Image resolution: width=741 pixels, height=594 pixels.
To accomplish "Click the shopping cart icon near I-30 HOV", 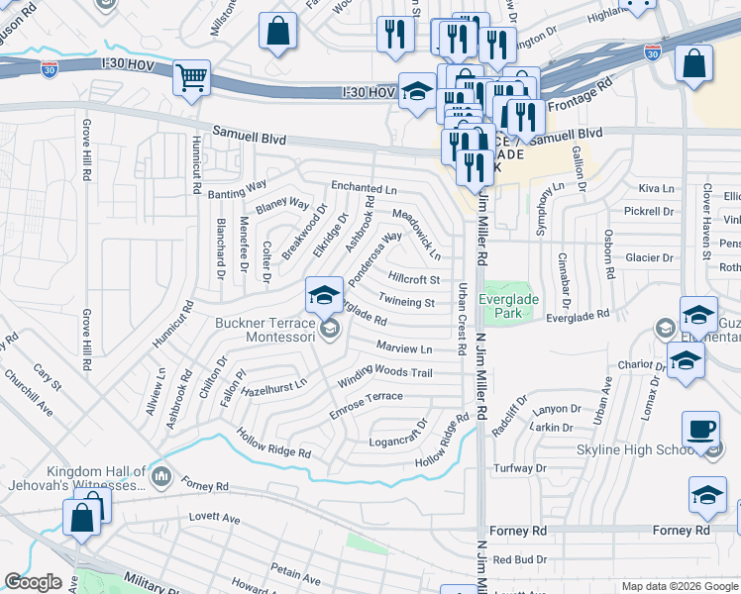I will click(191, 77).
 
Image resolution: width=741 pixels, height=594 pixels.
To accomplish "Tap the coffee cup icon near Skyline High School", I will click(700, 429).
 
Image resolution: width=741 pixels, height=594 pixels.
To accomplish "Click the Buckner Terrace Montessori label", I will click(265, 330).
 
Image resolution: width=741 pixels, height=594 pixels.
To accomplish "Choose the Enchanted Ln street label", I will click(364, 187).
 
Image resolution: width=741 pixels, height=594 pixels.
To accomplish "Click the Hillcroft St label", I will click(414, 280).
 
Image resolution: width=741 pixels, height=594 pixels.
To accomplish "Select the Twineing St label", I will click(407, 302).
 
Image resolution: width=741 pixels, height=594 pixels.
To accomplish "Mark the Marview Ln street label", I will click(404, 348).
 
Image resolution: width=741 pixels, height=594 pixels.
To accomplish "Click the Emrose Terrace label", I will click(366, 398).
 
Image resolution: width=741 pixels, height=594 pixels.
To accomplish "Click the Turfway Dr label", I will click(520, 467).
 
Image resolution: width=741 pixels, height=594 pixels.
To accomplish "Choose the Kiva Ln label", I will click(656, 188).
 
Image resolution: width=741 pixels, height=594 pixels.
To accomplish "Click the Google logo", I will click(34, 582).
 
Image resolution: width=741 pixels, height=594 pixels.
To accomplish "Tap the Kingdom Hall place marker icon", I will click(163, 479).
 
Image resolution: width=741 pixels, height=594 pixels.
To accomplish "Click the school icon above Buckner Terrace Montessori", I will click(324, 294).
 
